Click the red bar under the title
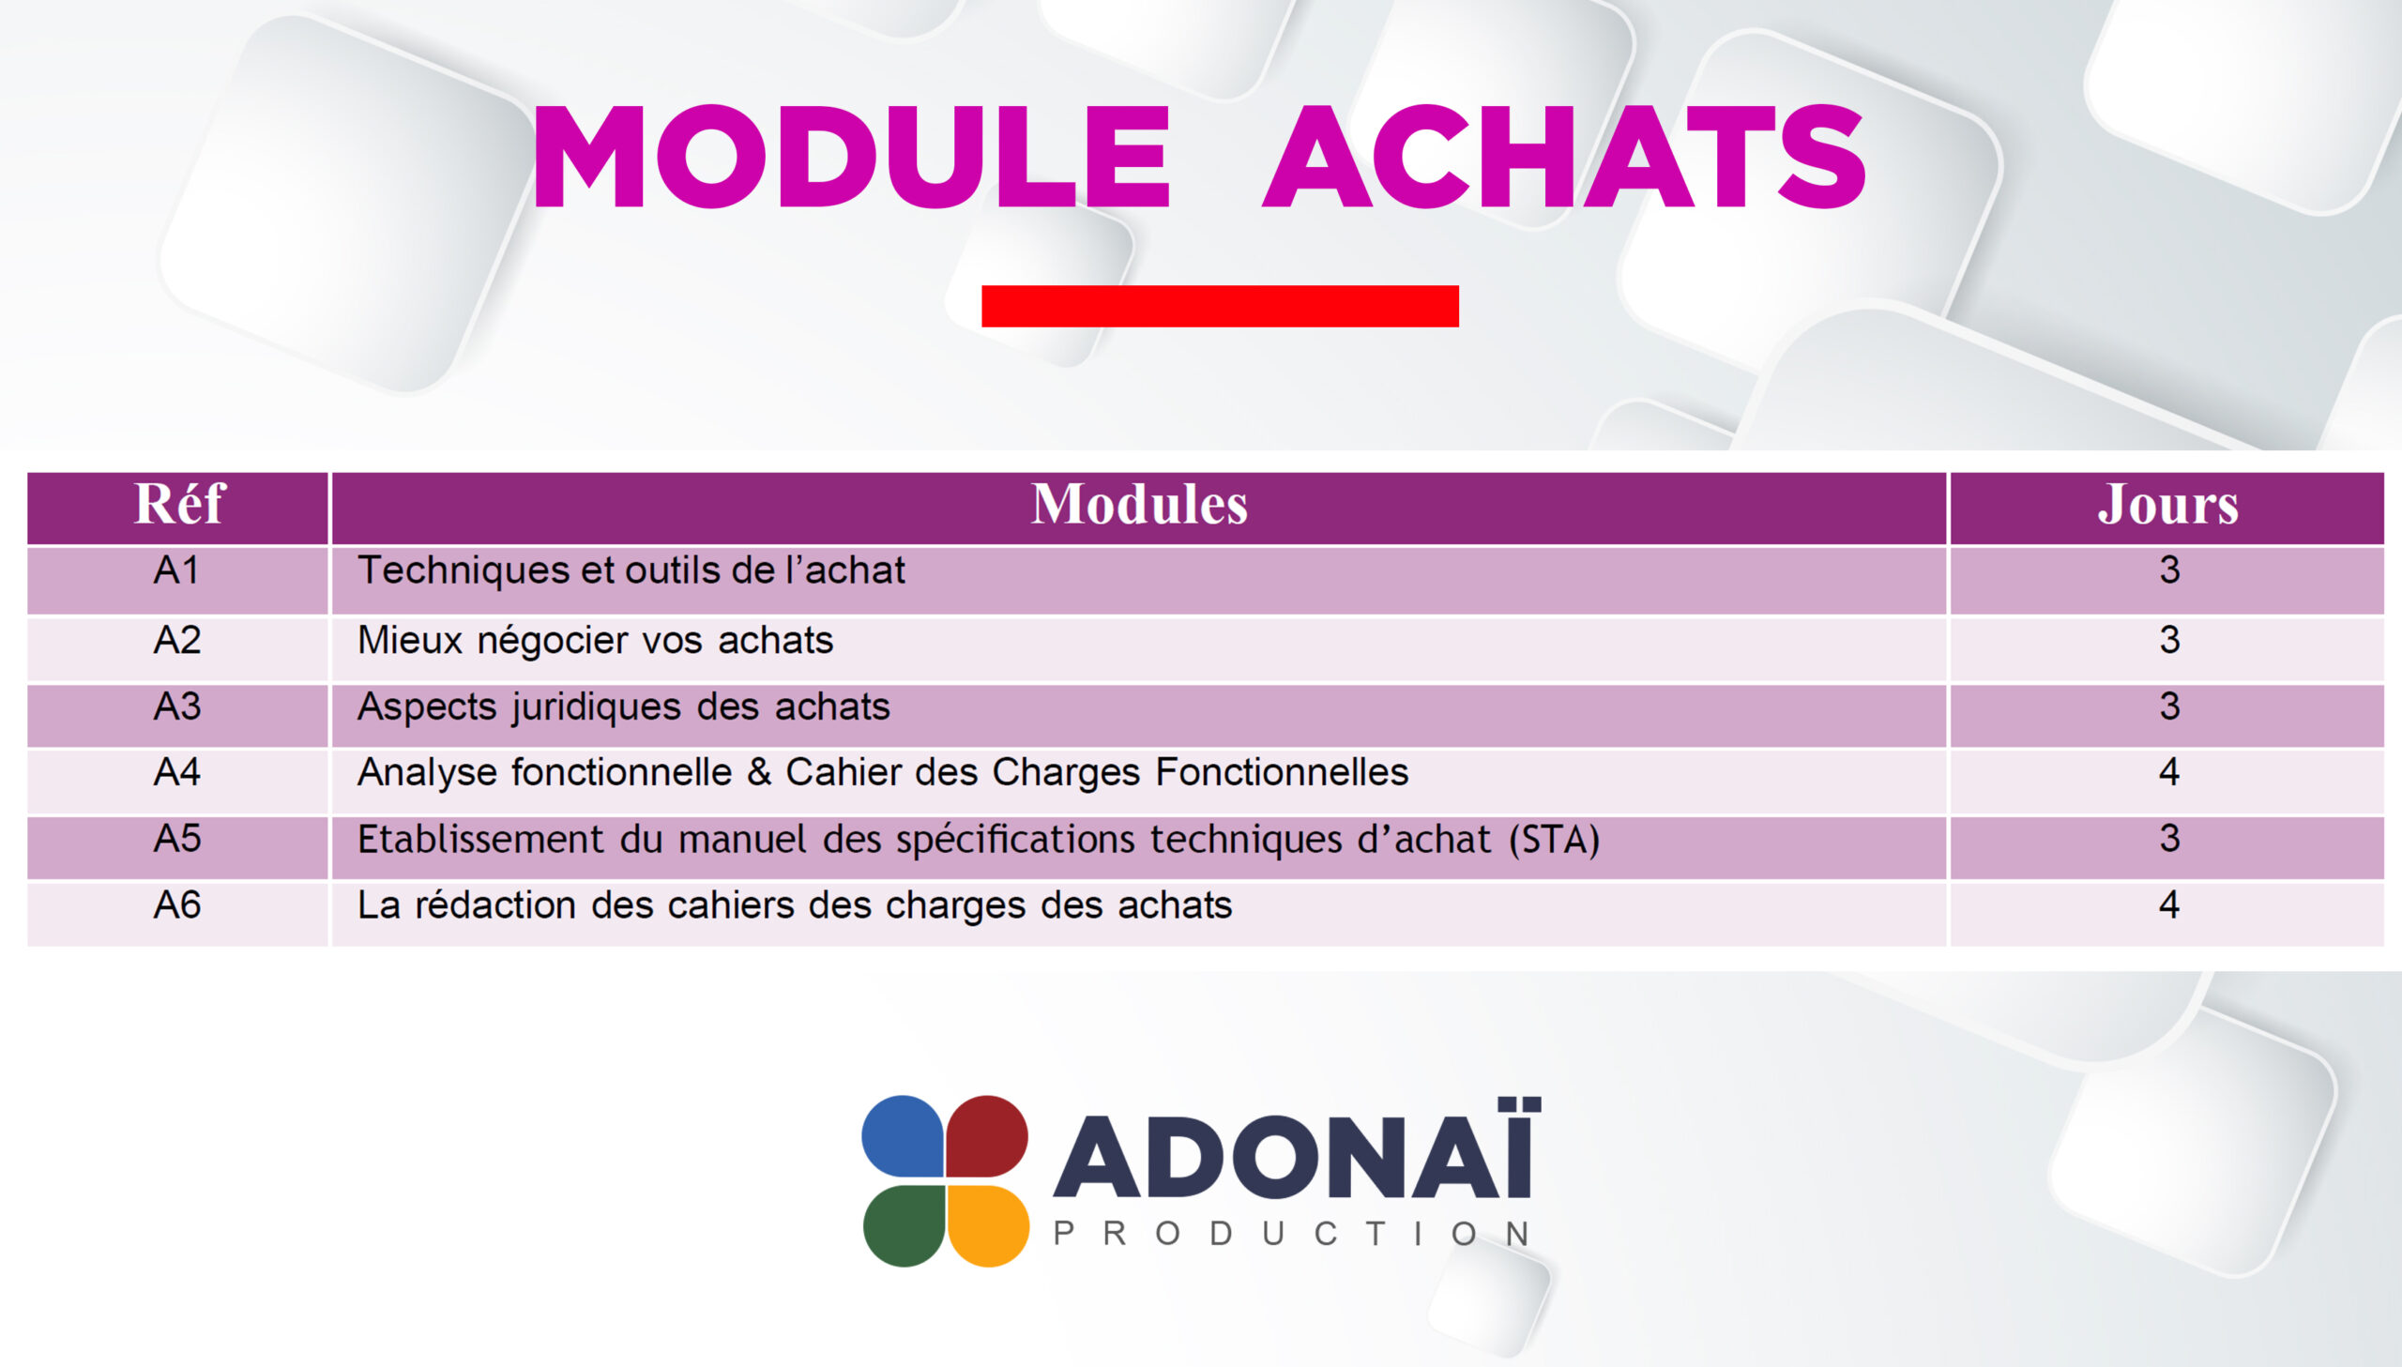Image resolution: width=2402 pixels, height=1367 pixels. pyautogui.click(x=1220, y=306)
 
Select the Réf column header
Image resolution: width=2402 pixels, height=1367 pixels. pyautogui.click(x=179, y=504)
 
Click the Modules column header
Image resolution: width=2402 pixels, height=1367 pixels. pyautogui.click(x=1139, y=504)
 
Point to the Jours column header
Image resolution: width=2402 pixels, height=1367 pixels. pyautogui.click(x=2167, y=504)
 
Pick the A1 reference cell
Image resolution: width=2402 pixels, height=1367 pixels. pyautogui.click(x=176, y=570)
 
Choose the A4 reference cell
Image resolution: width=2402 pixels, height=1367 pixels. pyautogui.click(x=176, y=772)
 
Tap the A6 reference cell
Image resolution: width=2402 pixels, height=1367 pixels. pyautogui.click(x=176, y=905)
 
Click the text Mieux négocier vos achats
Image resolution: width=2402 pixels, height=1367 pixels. pyautogui.click(x=595, y=641)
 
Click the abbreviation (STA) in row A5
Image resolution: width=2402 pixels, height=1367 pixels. pyautogui.click(x=1554, y=840)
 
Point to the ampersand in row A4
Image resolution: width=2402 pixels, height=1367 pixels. pyautogui.click(x=758, y=772)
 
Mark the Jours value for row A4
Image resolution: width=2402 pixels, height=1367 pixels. pyautogui.click(x=2168, y=772)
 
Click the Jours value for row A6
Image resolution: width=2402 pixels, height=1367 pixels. pyautogui.click(x=2168, y=905)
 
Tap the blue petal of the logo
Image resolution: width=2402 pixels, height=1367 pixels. pyautogui.click(x=903, y=1136)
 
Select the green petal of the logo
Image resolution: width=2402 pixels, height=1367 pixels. pyautogui.click(x=903, y=1226)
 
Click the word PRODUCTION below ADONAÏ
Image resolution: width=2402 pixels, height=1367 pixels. pyautogui.click(x=1293, y=1234)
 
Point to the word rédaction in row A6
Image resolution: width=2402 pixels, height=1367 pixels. pyautogui.click(x=495, y=905)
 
